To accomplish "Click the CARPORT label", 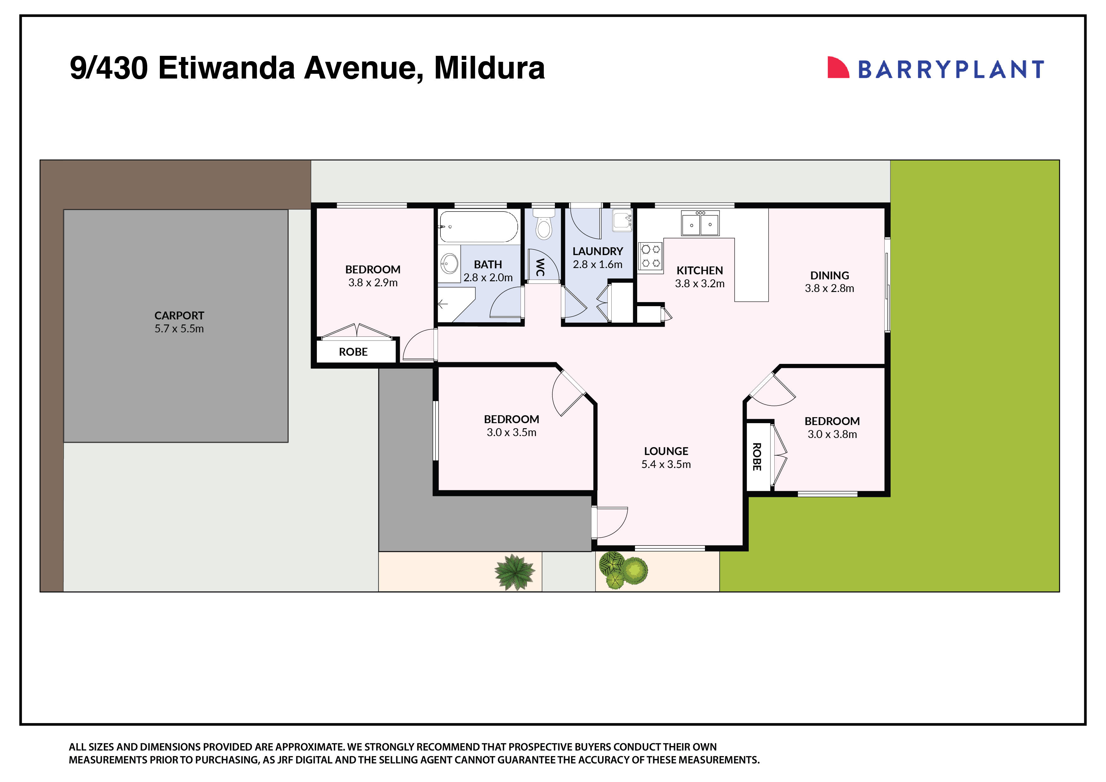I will point(179,316).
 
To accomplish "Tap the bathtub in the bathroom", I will point(478,226).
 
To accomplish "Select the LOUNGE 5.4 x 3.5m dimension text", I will point(666,464).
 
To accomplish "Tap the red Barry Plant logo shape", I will point(837,68).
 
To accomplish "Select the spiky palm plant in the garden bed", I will point(515,572).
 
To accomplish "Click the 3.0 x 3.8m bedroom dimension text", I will point(832,434).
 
